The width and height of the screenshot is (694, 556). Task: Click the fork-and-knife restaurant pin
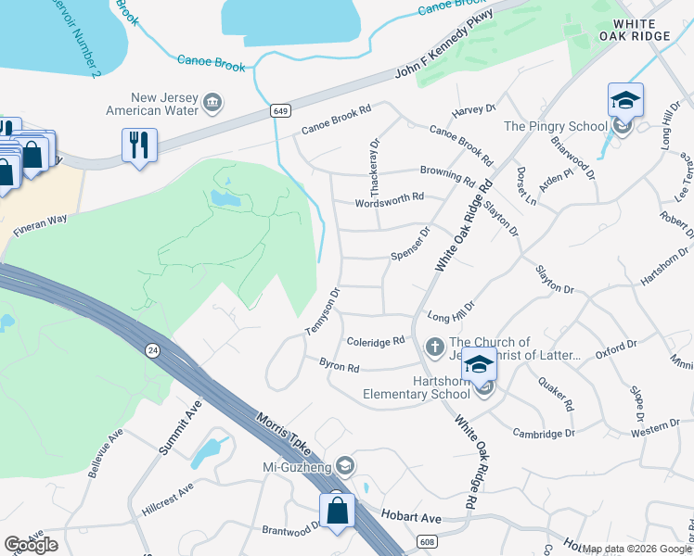tap(139, 145)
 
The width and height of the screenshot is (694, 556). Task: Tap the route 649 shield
tap(278, 111)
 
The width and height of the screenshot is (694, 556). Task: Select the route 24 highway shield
tap(150, 349)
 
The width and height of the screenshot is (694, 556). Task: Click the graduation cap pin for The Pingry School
tap(625, 101)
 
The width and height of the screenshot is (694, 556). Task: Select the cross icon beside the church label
tap(434, 347)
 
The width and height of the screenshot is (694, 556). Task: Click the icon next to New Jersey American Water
tap(212, 102)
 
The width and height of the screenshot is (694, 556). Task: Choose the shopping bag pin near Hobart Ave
tap(337, 511)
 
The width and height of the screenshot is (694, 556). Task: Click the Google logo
tap(31, 544)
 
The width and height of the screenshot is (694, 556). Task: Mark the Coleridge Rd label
tap(375, 341)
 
